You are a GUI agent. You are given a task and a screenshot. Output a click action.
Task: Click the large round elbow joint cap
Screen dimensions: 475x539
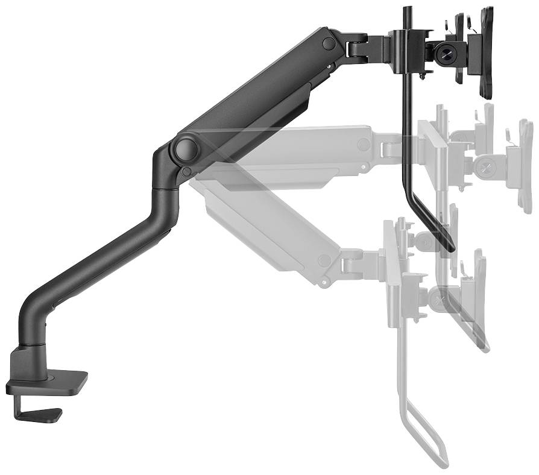tap(186, 148)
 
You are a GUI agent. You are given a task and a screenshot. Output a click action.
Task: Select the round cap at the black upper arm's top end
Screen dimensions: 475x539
tap(329, 43)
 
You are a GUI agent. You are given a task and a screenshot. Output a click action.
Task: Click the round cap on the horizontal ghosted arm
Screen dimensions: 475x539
tap(364, 145)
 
